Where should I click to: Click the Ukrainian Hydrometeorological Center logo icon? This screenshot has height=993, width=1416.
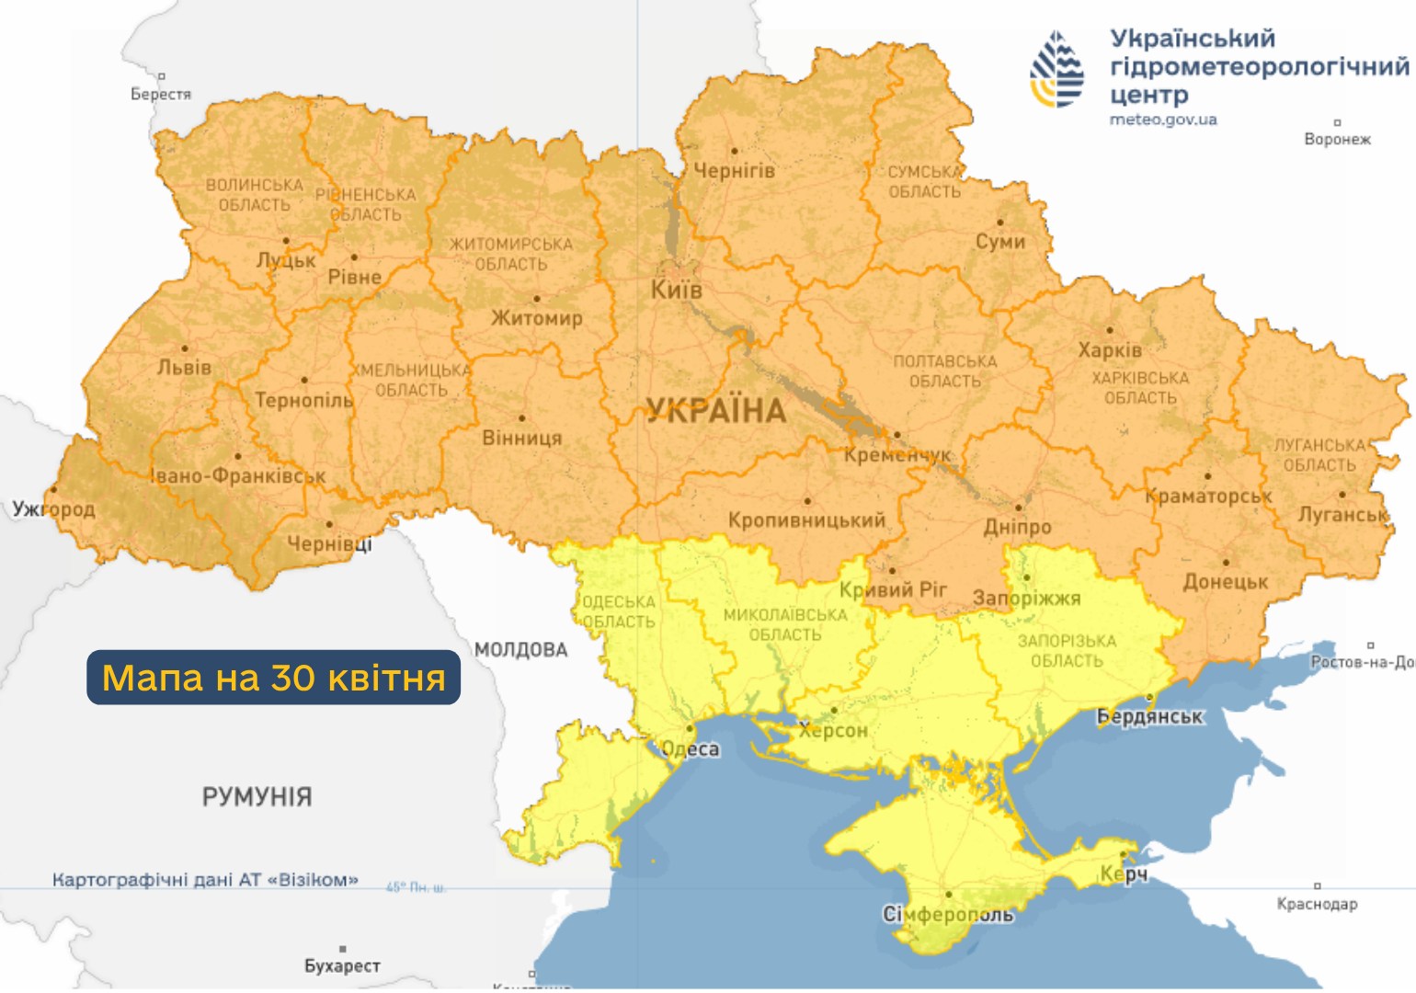pos(1056,70)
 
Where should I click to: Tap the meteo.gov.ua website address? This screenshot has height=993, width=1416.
pos(1162,120)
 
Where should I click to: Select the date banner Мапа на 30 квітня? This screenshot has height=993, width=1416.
pos(273,678)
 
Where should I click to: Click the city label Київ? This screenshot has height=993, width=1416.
pos(676,291)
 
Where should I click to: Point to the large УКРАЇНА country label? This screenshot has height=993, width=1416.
pos(715,411)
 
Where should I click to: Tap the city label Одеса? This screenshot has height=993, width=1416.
pos(691,748)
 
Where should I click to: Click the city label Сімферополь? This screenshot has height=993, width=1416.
pos(948,914)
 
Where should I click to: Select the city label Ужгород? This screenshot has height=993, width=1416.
pos(53,508)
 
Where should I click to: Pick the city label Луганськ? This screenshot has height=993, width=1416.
pos(1342,515)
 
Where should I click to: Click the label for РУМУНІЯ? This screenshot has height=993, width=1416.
pos(257,796)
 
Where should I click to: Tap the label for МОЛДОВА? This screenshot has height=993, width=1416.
pos(520,650)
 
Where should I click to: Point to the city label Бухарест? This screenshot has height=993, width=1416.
pos(342,965)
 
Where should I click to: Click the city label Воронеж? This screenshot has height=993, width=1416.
pos(1337,140)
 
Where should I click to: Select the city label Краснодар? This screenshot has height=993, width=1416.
pos(1317,904)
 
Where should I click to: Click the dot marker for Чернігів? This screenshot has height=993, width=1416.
pos(734,151)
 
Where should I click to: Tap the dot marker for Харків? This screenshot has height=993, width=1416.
pos(1110,330)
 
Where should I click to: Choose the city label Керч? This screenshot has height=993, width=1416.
pos(1124,873)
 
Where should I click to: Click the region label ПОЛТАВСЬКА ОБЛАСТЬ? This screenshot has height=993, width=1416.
pos(945,371)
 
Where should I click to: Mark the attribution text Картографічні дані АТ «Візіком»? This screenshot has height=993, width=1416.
pos(205,880)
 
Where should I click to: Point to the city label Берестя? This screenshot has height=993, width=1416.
pos(161,94)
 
